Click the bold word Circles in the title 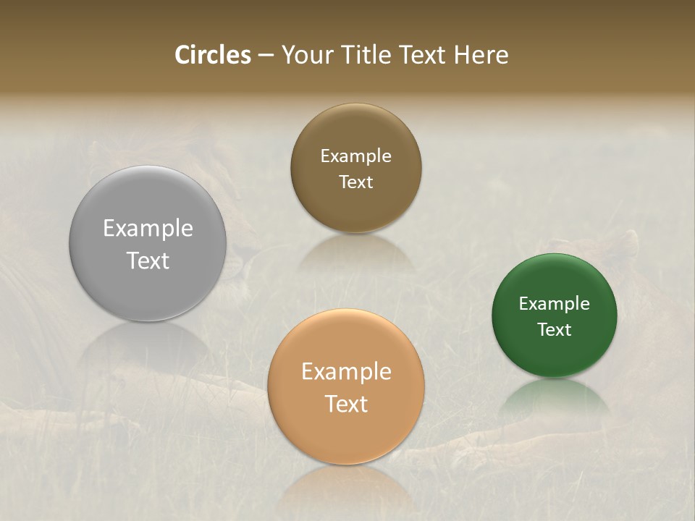[213, 55]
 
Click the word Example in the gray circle [148, 228]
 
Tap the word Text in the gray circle [148, 260]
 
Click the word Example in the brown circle [355, 156]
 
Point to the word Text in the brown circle [355, 182]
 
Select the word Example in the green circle [555, 303]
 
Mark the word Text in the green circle [555, 329]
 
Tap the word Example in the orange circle [346, 371]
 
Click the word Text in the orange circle [346, 403]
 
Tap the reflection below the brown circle [355, 253]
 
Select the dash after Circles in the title [266, 55]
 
